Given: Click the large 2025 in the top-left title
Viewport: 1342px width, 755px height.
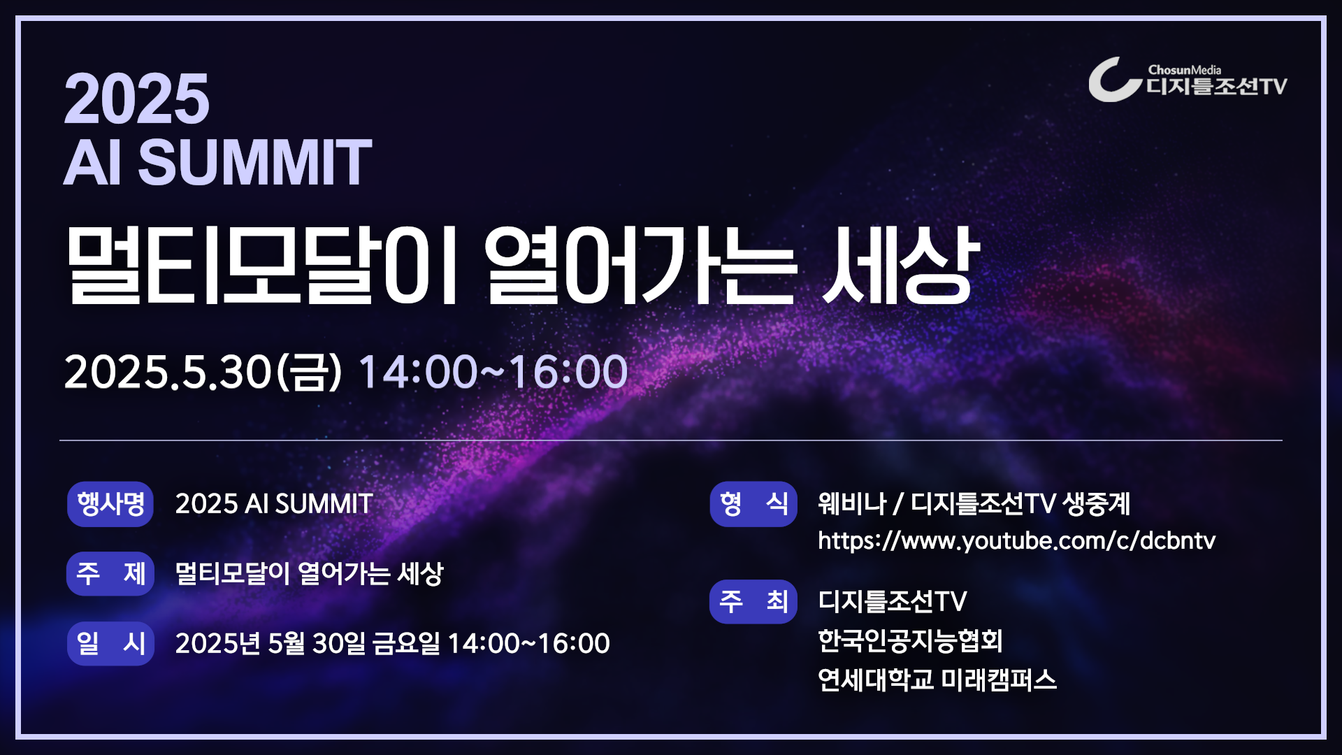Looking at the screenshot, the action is [x=136, y=99].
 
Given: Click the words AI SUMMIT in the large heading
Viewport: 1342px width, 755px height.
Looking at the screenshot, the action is [x=217, y=162].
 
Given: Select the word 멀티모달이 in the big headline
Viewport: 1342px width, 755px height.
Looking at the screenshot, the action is [x=261, y=266].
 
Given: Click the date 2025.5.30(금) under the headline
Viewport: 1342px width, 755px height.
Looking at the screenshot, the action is [x=203, y=371].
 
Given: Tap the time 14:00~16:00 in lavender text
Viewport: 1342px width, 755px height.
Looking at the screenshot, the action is [x=493, y=371].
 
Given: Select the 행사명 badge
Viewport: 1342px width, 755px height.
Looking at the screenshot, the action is [x=110, y=504].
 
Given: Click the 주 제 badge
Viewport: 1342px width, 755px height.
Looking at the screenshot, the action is [x=110, y=574].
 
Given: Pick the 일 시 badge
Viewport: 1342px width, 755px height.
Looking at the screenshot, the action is [x=110, y=644].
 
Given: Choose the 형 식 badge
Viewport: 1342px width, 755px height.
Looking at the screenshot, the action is [x=753, y=504].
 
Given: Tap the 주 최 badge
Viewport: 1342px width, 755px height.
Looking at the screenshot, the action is [x=753, y=602].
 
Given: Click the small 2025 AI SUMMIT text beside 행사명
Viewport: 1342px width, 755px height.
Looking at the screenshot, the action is [x=274, y=504].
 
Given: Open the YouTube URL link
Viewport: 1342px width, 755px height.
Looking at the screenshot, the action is [x=1017, y=541].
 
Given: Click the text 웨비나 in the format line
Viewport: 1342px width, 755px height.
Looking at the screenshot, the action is [x=852, y=503].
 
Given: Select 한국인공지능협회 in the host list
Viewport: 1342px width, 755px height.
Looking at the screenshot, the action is [x=911, y=640].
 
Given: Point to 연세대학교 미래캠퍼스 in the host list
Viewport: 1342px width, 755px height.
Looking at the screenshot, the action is [x=937, y=679].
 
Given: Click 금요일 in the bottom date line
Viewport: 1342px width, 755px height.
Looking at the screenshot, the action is [x=406, y=643].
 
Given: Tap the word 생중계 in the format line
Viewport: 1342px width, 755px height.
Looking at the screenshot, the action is [x=1097, y=503].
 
